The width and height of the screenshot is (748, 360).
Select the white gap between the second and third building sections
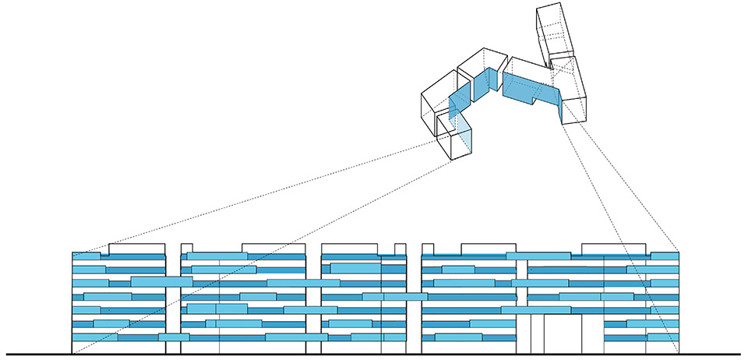(x=314, y=312)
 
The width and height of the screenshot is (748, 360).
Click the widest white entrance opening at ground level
(x=562, y=334)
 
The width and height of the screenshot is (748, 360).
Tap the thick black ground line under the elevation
(x=374, y=355)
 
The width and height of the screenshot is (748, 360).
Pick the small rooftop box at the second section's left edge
(x=186, y=248)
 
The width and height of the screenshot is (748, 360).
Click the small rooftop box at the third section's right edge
(x=400, y=248)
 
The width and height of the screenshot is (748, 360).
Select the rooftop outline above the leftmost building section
(x=136, y=248)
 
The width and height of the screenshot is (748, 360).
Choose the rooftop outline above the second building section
(x=273, y=248)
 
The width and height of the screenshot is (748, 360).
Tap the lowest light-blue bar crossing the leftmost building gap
(x=174, y=337)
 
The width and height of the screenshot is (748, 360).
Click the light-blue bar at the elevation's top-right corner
(x=664, y=256)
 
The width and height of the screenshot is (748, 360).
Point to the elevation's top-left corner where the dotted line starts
(x=72, y=252)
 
